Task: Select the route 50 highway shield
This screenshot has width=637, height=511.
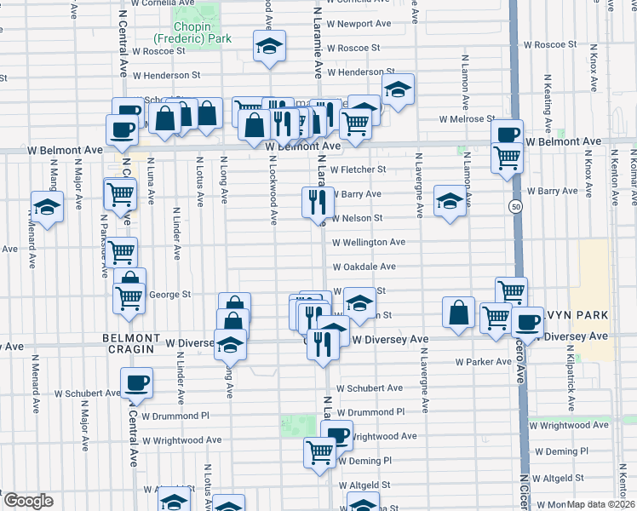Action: point(516,207)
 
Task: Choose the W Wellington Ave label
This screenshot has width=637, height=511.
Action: point(368,242)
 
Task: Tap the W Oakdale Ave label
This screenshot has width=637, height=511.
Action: point(368,267)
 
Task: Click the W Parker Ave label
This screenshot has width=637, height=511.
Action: point(483,361)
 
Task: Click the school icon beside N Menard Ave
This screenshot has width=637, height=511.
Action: point(47,206)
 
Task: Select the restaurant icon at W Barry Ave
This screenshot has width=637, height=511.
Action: point(317,203)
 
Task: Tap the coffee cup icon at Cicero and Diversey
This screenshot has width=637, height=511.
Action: point(527,322)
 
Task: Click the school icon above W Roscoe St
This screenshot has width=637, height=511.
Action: point(269,47)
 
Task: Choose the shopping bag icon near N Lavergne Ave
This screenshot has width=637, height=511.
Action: point(458,312)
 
